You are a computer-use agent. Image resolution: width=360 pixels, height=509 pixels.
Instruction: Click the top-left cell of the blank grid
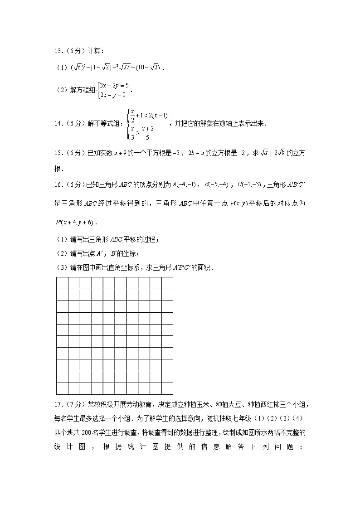(62, 283)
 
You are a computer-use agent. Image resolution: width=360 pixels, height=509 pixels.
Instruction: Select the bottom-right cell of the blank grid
(167, 388)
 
